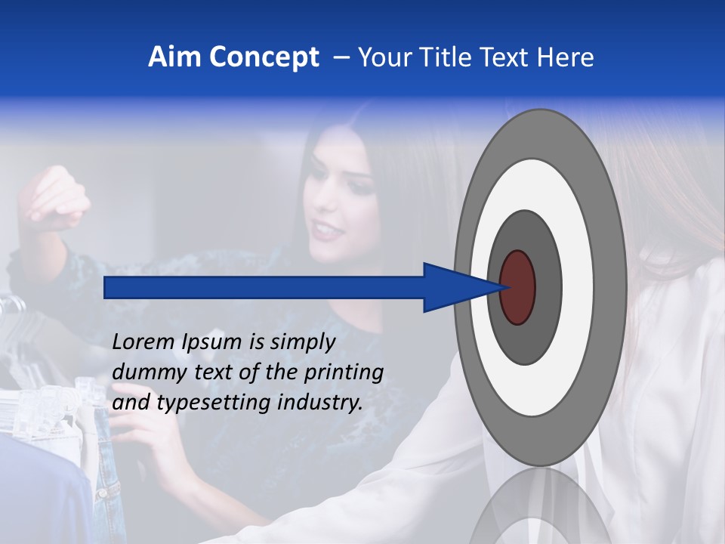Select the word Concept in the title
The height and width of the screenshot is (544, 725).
tap(264, 57)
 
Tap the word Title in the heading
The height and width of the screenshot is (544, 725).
tap(440, 57)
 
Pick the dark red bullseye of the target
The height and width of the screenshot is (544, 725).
tap(517, 288)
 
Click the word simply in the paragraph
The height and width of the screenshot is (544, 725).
tap(302, 343)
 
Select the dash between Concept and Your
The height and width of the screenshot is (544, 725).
tap(341, 58)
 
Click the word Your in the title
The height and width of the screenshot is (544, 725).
tap(381, 57)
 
